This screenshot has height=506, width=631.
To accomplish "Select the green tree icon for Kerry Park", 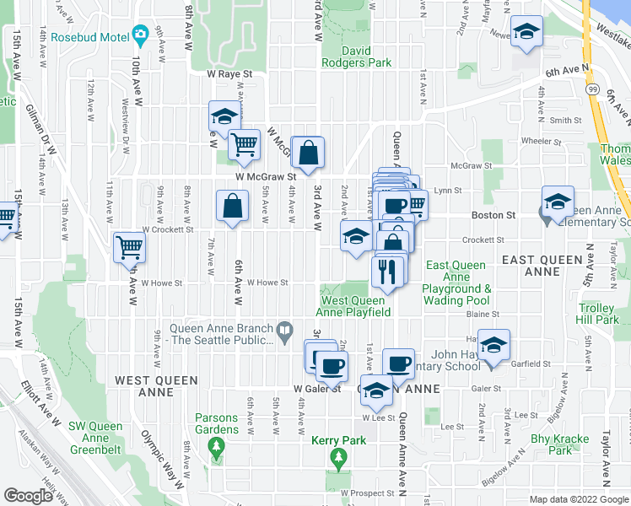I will point(340,458).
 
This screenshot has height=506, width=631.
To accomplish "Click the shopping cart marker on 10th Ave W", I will point(130,246).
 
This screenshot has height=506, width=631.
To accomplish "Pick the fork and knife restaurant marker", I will point(387,272).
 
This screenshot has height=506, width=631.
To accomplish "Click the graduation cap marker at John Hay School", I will point(494,344).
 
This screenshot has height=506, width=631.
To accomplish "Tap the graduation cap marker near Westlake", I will point(527,32).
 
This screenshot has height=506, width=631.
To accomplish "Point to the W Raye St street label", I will point(230,74).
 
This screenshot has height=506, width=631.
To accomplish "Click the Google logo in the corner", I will point(29,495).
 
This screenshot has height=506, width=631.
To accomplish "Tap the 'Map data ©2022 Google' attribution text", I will point(577,499).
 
